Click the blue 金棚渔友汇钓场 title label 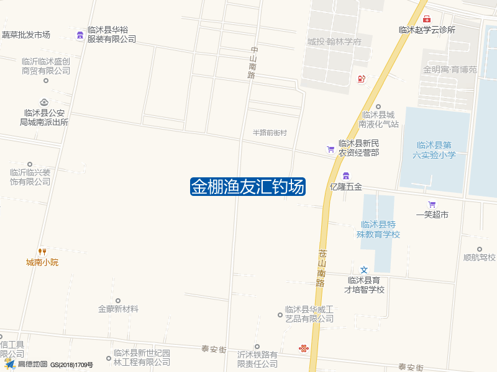[247, 187]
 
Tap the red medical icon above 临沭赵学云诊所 [427, 19]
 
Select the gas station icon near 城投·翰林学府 [361, 79]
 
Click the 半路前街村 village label [270, 133]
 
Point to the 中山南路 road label [252, 62]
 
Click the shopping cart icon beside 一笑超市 [432, 205]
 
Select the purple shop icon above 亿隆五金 [346, 176]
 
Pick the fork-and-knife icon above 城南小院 [42, 251]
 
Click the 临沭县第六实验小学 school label [434, 150]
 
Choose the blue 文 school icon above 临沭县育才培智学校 [365, 270]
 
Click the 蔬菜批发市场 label [25, 35]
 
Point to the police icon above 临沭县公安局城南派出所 [43, 102]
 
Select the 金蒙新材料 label [118, 309]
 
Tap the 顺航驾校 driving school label [479, 257]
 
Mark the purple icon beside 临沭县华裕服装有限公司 [80, 34]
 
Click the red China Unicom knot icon [303, 348]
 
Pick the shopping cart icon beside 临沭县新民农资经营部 [331, 149]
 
